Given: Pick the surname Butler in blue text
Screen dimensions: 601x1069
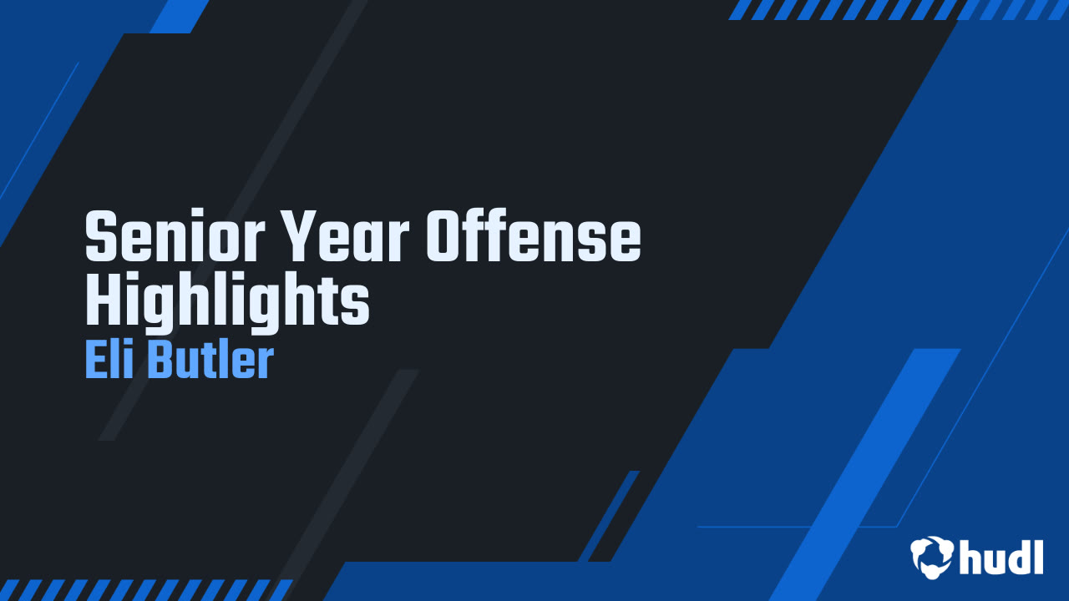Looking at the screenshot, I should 210,360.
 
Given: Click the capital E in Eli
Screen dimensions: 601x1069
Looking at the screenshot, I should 94,360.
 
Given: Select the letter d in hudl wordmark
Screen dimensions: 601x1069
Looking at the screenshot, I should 1018,557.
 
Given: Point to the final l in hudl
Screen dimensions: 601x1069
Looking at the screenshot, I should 1038,555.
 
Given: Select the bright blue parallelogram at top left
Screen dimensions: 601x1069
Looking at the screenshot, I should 180,16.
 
